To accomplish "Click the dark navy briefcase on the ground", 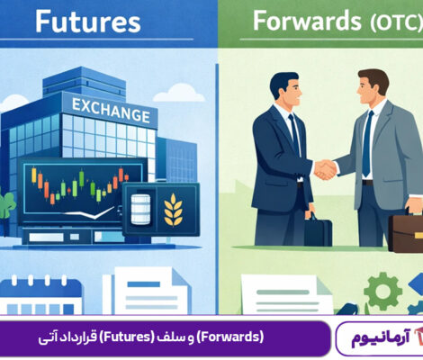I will point(317,229).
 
